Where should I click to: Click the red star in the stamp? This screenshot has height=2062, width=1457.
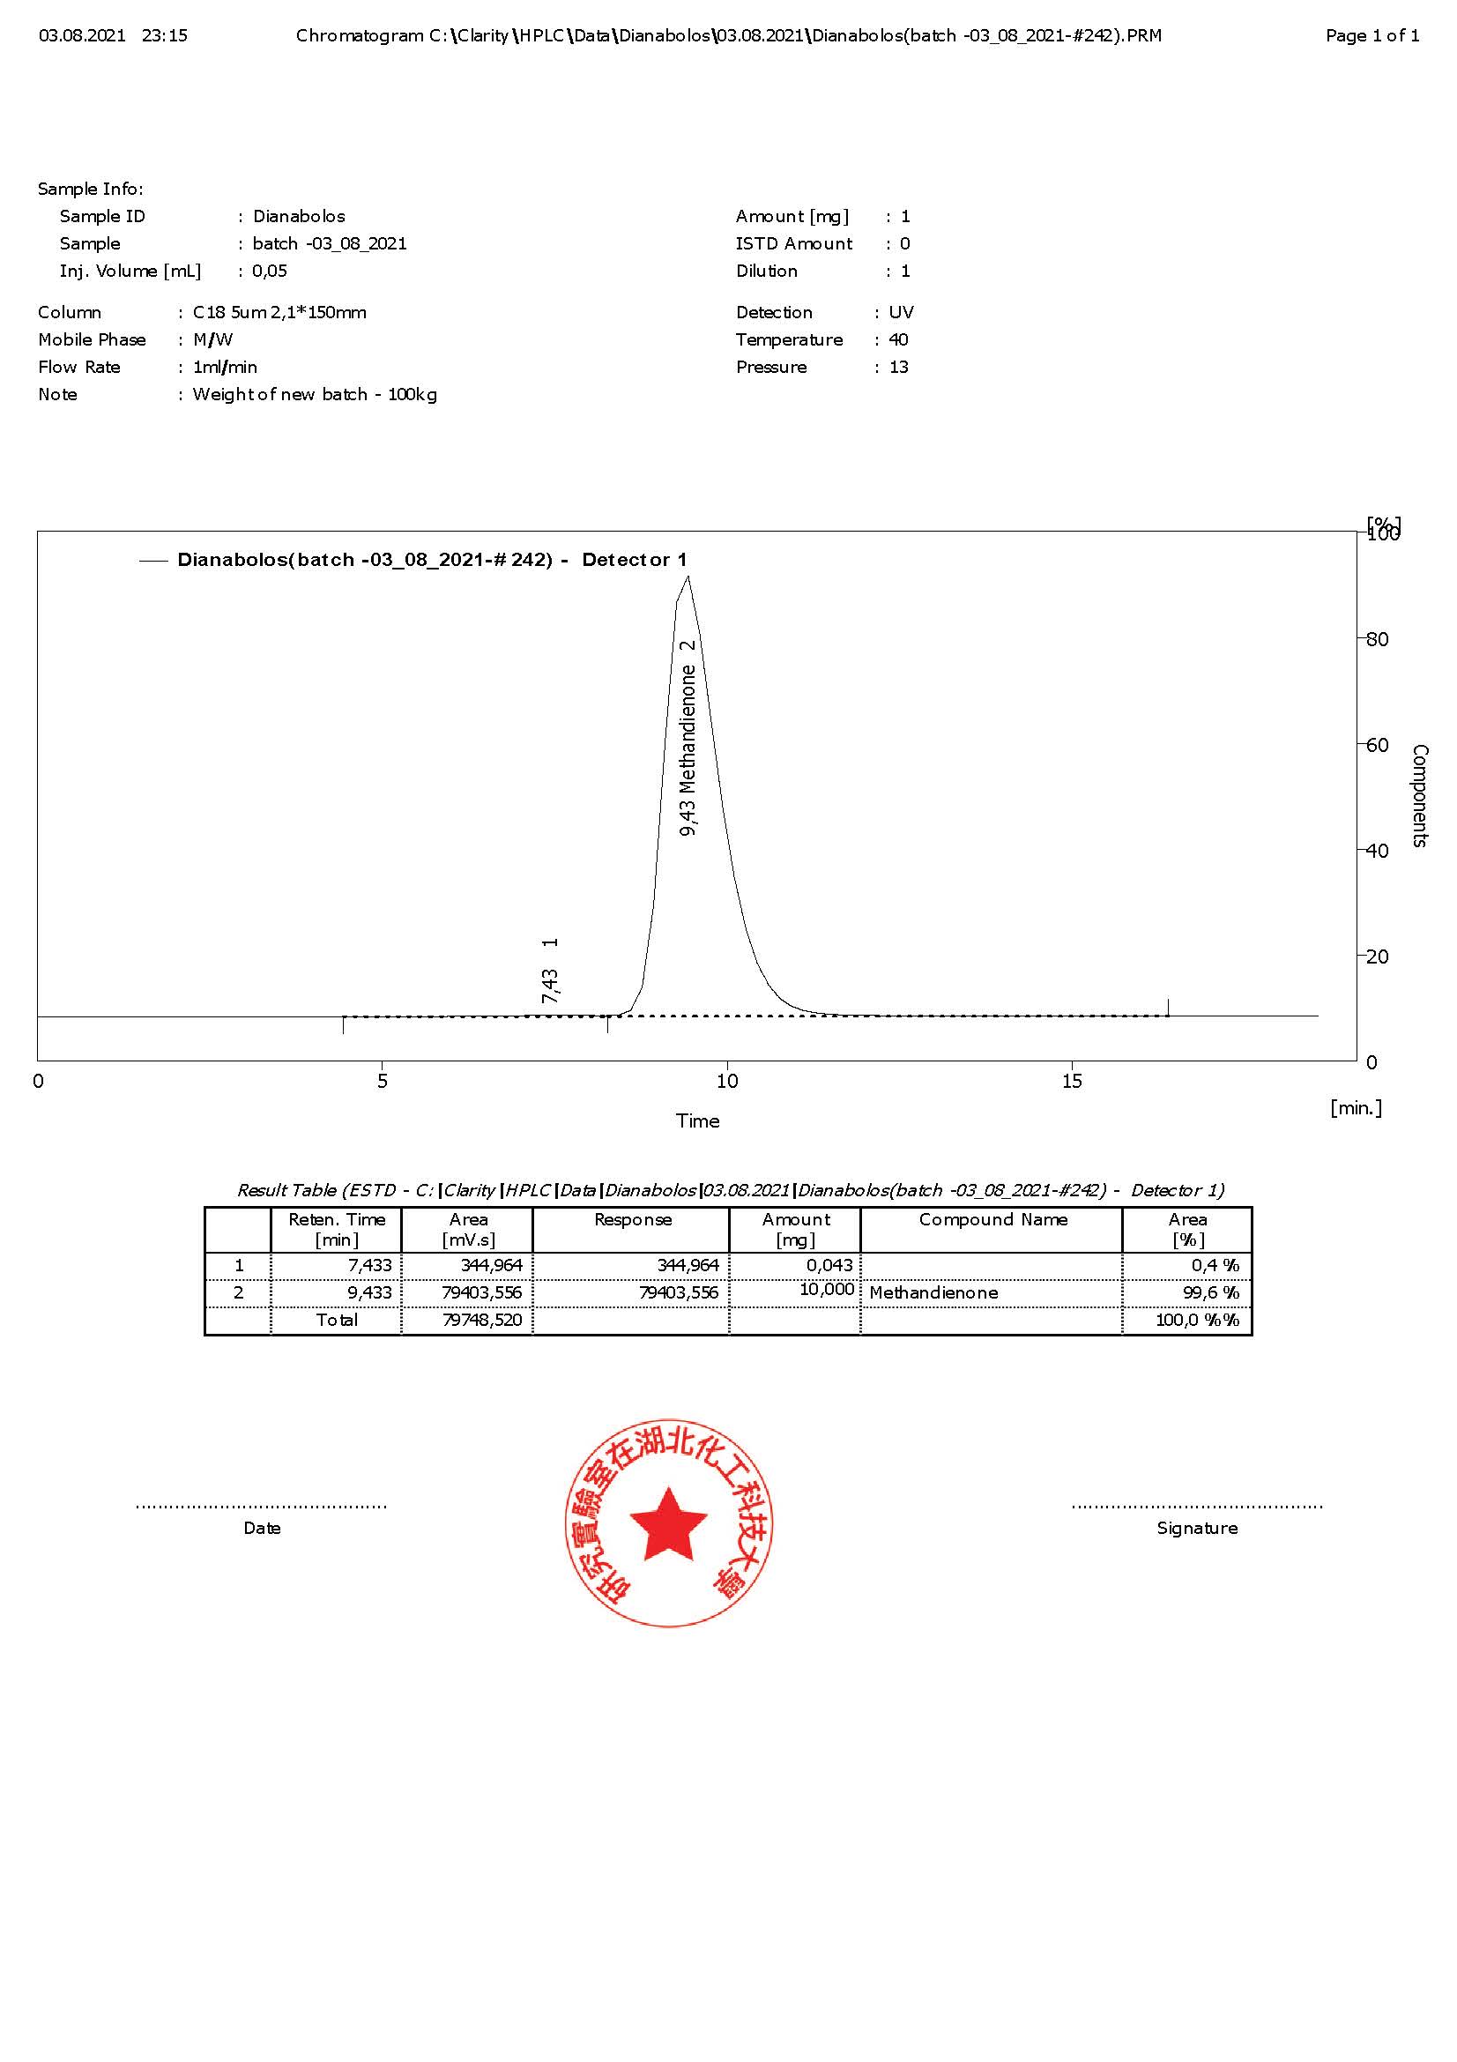click(x=668, y=1524)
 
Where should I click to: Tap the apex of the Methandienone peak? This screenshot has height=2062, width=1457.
click(x=688, y=577)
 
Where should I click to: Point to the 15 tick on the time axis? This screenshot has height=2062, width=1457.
click(x=1072, y=1081)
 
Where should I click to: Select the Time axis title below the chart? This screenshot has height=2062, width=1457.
click(x=697, y=1120)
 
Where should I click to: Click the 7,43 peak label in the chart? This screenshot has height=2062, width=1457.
click(x=550, y=986)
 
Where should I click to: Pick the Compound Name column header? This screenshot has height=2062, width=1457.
click(x=992, y=1219)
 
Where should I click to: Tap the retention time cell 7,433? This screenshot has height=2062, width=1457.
click(x=370, y=1265)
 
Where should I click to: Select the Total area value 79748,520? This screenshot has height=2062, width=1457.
click(x=482, y=1321)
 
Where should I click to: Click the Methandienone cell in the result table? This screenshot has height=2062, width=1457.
click(x=933, y=1293)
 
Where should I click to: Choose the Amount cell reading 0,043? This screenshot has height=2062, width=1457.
click(x=829, y=1265)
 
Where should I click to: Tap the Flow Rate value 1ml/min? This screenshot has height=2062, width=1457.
click(x=226, y=368)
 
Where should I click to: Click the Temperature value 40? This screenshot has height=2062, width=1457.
click(x=897, y=339)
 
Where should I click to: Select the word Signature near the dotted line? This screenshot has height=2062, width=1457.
click(x=1197, y=1529)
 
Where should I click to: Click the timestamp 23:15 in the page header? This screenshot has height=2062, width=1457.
click(x=164, y=36)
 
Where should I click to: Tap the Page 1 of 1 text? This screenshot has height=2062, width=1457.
click(x=1372, y=36)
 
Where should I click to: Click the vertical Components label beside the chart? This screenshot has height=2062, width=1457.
click(x=1419, y=795)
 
